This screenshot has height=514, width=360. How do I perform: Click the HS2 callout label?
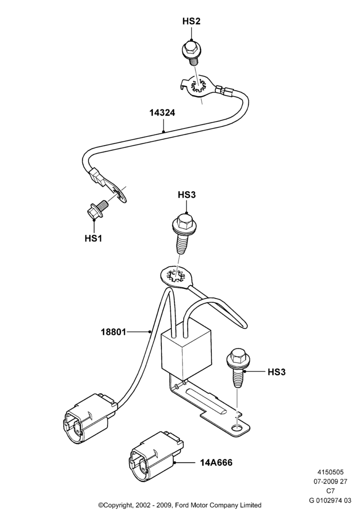coord(191,21)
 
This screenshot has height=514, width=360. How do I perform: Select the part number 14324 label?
coord(163,113)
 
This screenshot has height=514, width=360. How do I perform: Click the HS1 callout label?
coord(94,238)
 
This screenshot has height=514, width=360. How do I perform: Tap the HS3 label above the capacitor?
coord(187,195)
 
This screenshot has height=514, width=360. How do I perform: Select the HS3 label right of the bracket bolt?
coord(277,372)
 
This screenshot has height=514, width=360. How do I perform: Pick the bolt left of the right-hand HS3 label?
coord(238,368)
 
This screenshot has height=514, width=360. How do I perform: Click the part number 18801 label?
coord(114,332)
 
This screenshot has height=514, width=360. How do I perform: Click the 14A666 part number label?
coord(216,463)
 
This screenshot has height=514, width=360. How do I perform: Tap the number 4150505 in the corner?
coord(330,472)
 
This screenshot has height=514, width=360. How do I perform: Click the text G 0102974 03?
coord(330,500)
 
